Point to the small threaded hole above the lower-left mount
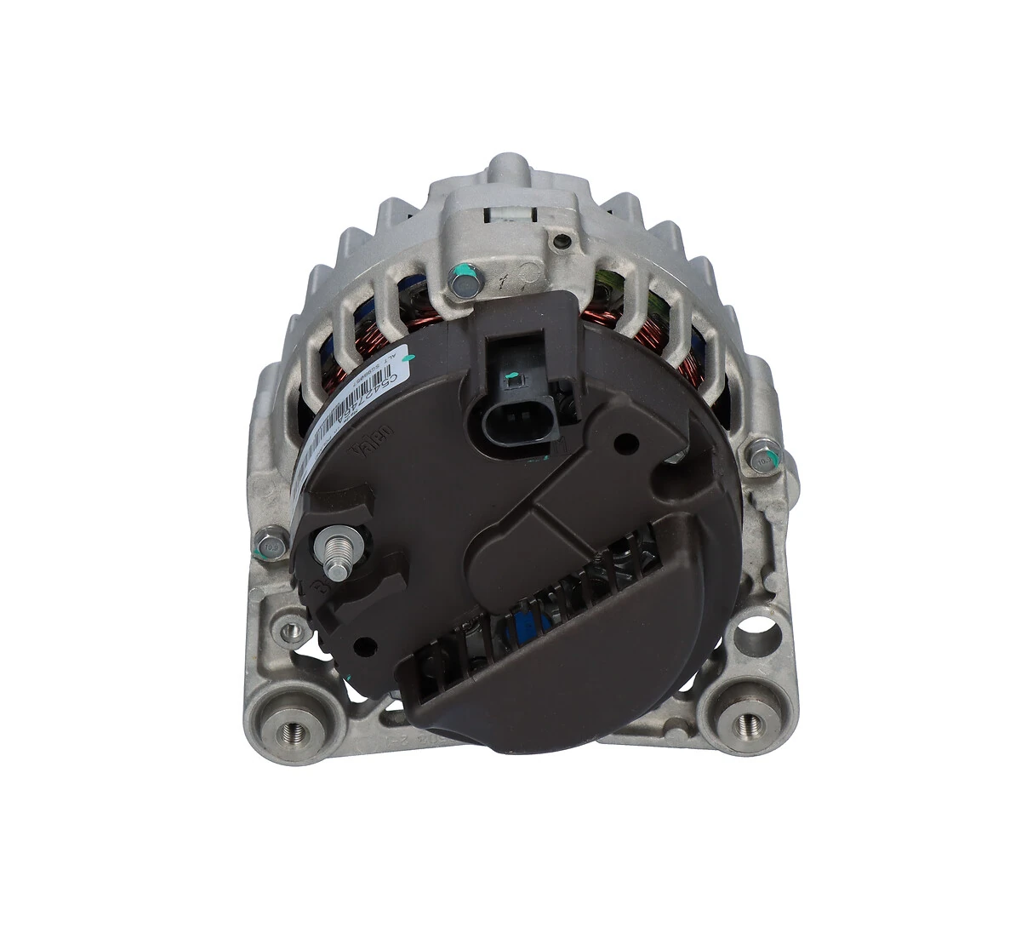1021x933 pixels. coord(292,631)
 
